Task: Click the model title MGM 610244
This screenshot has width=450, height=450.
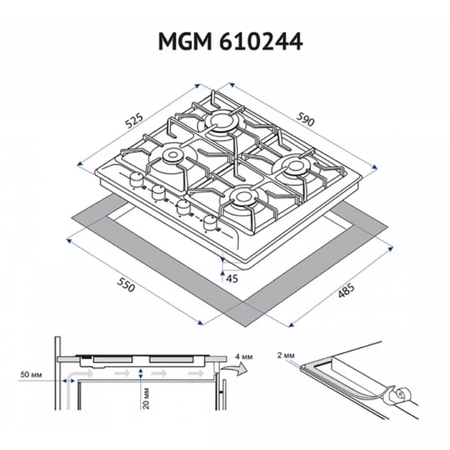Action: [x=230, y=43]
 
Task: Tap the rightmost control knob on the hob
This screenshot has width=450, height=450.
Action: [x=211, y=223]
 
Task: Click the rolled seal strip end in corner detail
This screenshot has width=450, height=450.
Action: [x=402, y=396]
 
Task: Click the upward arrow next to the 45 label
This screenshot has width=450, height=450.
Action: [x=223, y=276]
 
